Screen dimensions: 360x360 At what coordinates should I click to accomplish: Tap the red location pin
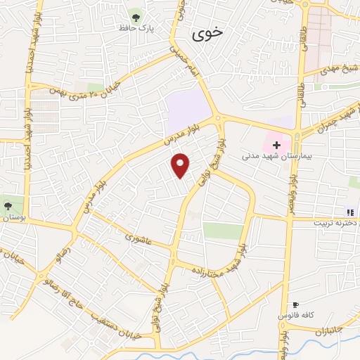181,165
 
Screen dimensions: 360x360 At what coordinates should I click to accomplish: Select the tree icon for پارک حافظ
135,14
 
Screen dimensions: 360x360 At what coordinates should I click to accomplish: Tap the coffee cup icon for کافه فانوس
296,305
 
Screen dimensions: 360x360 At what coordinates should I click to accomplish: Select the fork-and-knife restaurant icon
349,212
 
